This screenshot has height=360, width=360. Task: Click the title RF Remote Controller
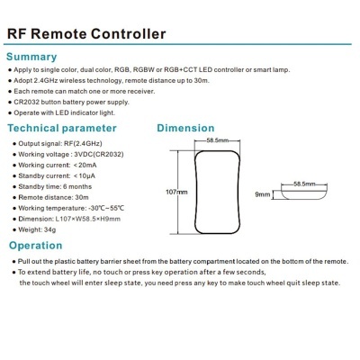tap(87, 34)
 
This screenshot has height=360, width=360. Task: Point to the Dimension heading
tap(185, 128)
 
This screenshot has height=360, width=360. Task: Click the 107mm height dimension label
tap(177, 192)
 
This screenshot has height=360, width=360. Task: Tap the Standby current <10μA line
tap(58, 175)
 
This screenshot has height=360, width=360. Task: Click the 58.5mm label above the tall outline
tap(215, 141)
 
